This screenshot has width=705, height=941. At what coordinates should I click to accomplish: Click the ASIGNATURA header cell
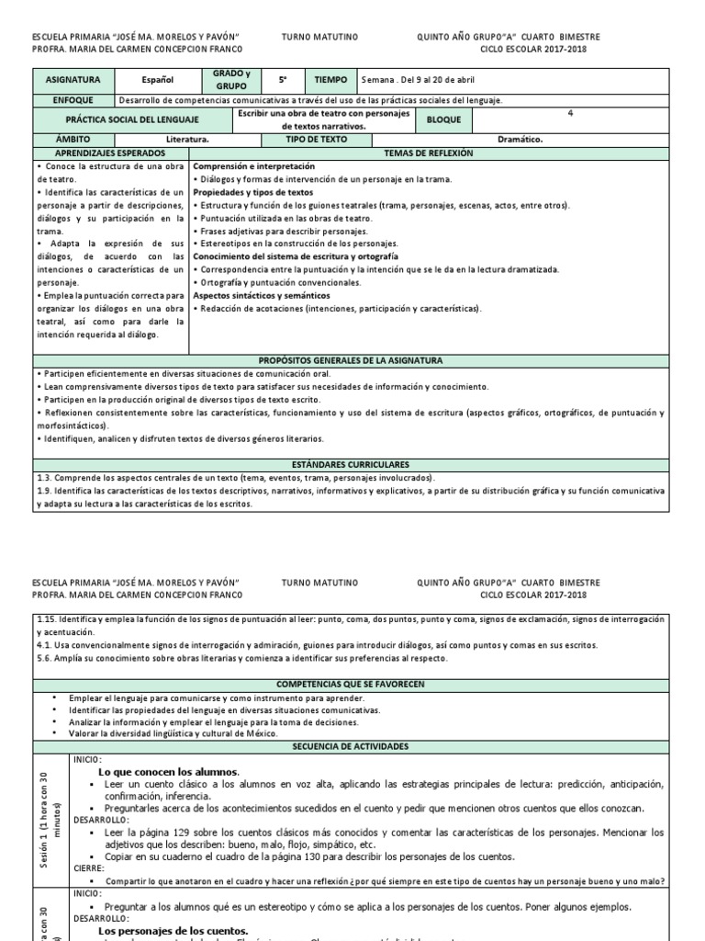tap(73, 80)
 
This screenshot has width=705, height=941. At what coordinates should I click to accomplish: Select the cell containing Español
tap(157, 80)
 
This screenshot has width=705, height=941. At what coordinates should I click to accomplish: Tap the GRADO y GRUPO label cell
tap(230, 79)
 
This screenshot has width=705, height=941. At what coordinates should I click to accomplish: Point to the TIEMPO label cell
tap(330, 80)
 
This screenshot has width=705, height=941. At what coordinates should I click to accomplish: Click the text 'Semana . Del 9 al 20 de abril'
tap(419, 80)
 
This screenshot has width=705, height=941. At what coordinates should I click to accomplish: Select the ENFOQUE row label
tap(73, 99)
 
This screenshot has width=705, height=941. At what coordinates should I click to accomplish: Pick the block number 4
tap(570, 113)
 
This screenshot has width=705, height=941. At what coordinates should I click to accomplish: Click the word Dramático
tap(520, 140)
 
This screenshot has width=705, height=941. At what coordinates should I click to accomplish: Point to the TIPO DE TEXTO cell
tap(317, 140)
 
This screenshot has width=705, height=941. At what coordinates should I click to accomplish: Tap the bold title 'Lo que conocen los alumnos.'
tap(169, 771)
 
